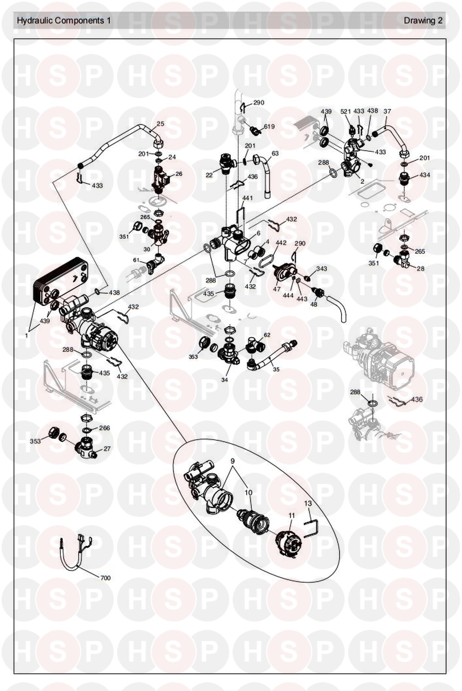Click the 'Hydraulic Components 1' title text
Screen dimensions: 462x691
click(x=63, y=21)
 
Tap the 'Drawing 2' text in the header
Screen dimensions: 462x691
click(x=423, y=21)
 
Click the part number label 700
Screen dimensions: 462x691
click(x=106, y=578)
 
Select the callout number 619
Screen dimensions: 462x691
click(x=269, y=126)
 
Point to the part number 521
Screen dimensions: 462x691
click(x=346, y=111)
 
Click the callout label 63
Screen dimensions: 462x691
click(x=275, y=153)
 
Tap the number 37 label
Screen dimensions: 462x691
click(x=387, y=111)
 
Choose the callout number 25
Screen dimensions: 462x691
click(x=160, y=124)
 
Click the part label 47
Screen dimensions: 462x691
click(x=277, y=289)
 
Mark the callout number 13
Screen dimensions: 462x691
click(x=308, y=503)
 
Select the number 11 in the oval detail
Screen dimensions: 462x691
click(x=291, y=515)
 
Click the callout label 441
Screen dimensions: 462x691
click(x=247, y=198)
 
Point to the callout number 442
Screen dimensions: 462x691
click(x=281, y=243)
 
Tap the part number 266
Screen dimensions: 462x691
click(x=105, y=428)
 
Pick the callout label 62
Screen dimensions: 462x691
click(x=267, y=335)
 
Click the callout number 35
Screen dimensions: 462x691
click(x=276, y=369)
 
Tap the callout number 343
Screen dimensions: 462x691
click(x=322, y=269)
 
